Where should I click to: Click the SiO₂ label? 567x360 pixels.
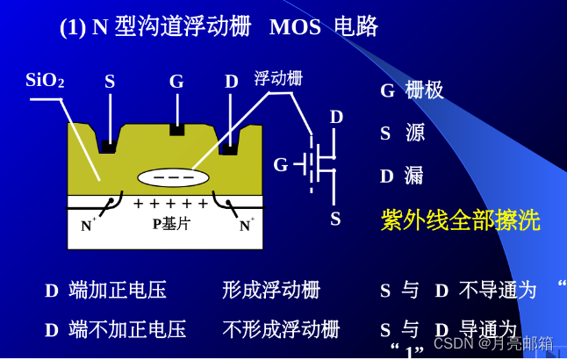(x=45, y=81)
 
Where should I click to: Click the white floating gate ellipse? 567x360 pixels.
(x=173, y=177)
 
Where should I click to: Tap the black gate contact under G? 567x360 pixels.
(x=176, y=130)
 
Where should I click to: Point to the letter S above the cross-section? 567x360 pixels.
(x=110, y=82)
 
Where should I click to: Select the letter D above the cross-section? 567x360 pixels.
(x=231, y=82)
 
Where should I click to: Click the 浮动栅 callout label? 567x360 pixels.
(x=278, y=78)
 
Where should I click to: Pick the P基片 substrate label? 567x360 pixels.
(x=171, y=224)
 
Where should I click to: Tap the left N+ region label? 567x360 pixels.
(x=88, y=226)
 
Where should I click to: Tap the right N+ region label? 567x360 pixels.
(x=246, y=226)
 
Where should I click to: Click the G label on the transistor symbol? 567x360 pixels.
(x=281, y=165)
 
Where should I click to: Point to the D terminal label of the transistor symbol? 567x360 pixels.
(x=336, y=117)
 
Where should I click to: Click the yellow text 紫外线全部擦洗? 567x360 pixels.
(x=460, y=220)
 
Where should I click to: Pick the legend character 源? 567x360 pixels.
(x=414, y=133)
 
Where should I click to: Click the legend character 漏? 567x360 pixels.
(x=413, y=176)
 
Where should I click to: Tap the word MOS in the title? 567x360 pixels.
(x=295, y=27)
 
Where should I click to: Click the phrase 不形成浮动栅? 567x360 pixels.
(x=280, y=329)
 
